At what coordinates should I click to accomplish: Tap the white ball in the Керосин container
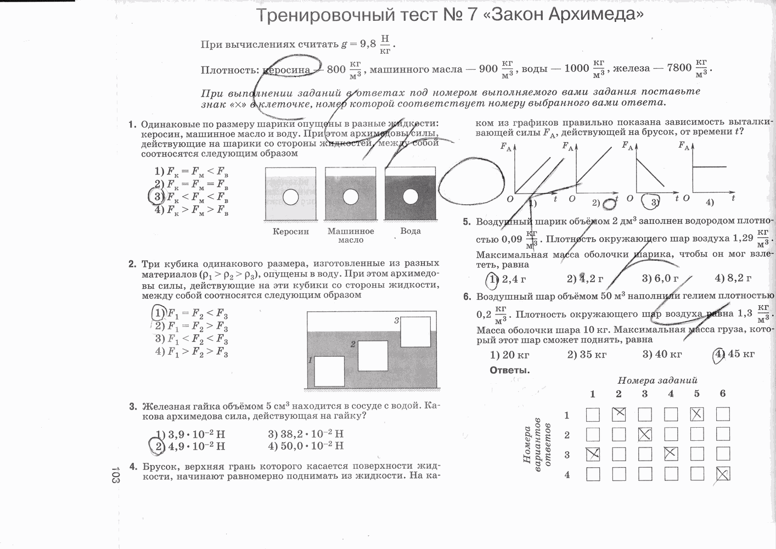coord(291,197)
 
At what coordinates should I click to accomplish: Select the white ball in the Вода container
coord(410,197)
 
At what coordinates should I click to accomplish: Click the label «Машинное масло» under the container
coord(351,236)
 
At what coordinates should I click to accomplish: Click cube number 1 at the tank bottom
coord(329,371)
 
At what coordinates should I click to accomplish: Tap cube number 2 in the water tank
coord(373,355)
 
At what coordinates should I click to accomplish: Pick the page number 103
coord(115,475)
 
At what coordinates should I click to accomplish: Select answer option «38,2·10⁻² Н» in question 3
coord(306,434)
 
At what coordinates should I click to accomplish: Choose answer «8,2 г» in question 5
coord(733,278)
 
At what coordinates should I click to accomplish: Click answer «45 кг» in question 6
coord(735,354)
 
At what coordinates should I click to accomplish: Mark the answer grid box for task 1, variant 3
coord(593,454)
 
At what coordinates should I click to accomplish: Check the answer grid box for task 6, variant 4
coord(723,474)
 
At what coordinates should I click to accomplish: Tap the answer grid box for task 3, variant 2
coord(645,434)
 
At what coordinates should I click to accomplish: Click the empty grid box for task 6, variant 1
coord(723,414)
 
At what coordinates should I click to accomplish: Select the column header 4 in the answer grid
coord(671,393)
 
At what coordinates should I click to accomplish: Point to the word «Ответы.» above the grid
coord(510,370)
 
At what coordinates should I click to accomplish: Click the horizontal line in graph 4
coord(709,166)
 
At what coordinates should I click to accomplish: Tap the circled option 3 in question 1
coord(158,197)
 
